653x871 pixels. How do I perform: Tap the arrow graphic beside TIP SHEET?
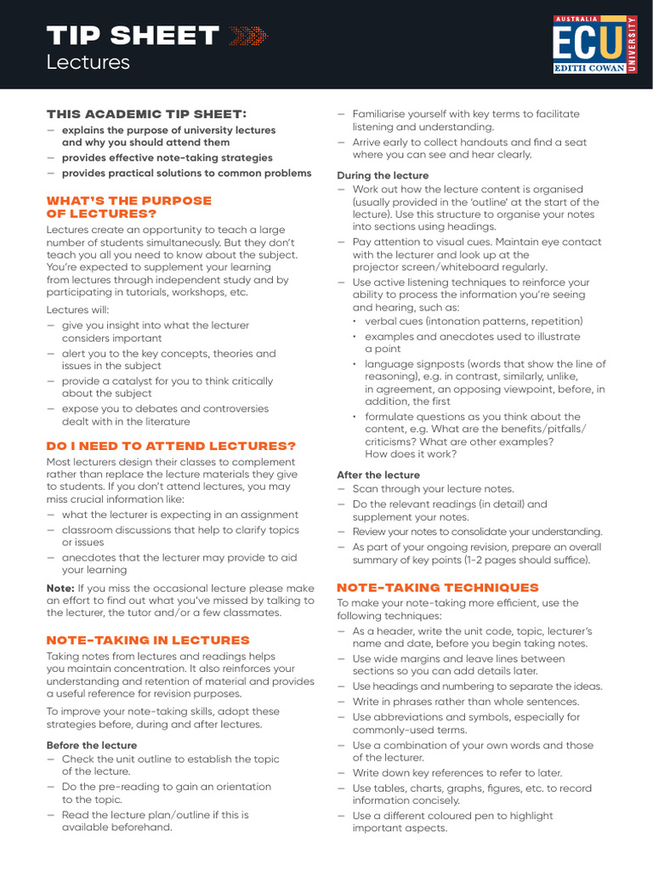pyautogui.click(x=248, y=36)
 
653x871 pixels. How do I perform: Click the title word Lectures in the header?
pyautogui.click(x=88, y=62)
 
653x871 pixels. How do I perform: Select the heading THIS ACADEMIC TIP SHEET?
pyautogui.click(x=146, y=114)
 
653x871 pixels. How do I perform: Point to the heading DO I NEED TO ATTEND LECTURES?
pyautogui.click(x=171, y=446)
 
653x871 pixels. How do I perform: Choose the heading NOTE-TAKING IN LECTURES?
pyautogui.click(x=148, y=640)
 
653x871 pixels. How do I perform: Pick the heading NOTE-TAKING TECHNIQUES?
pyautogui.click(x=438, y=587)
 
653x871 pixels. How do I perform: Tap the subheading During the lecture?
pyautogui.click(x=383, y=175)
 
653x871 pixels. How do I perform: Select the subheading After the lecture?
pyautogui.click(x=378, y=475)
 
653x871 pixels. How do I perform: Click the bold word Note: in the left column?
pyautogui.click(x=60, y=588)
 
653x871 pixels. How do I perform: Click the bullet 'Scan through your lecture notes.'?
pyautogui.click(x=433, y=489)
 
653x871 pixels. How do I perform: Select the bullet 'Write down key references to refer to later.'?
pyautogui.click(x=457, y=773)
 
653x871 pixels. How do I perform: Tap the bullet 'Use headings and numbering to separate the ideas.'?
pyautogui.click(x=477, y=686)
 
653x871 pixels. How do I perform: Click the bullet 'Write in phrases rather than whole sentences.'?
pyautogui.click(x=465, y=702)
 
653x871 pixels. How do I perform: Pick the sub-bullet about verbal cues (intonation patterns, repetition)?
pyautogui.click(x=474, y=322)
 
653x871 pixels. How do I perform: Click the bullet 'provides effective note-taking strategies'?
pyautogui.click(x=167, y=157)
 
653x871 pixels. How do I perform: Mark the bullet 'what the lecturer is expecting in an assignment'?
pyautogui.click(x=179, y=515)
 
